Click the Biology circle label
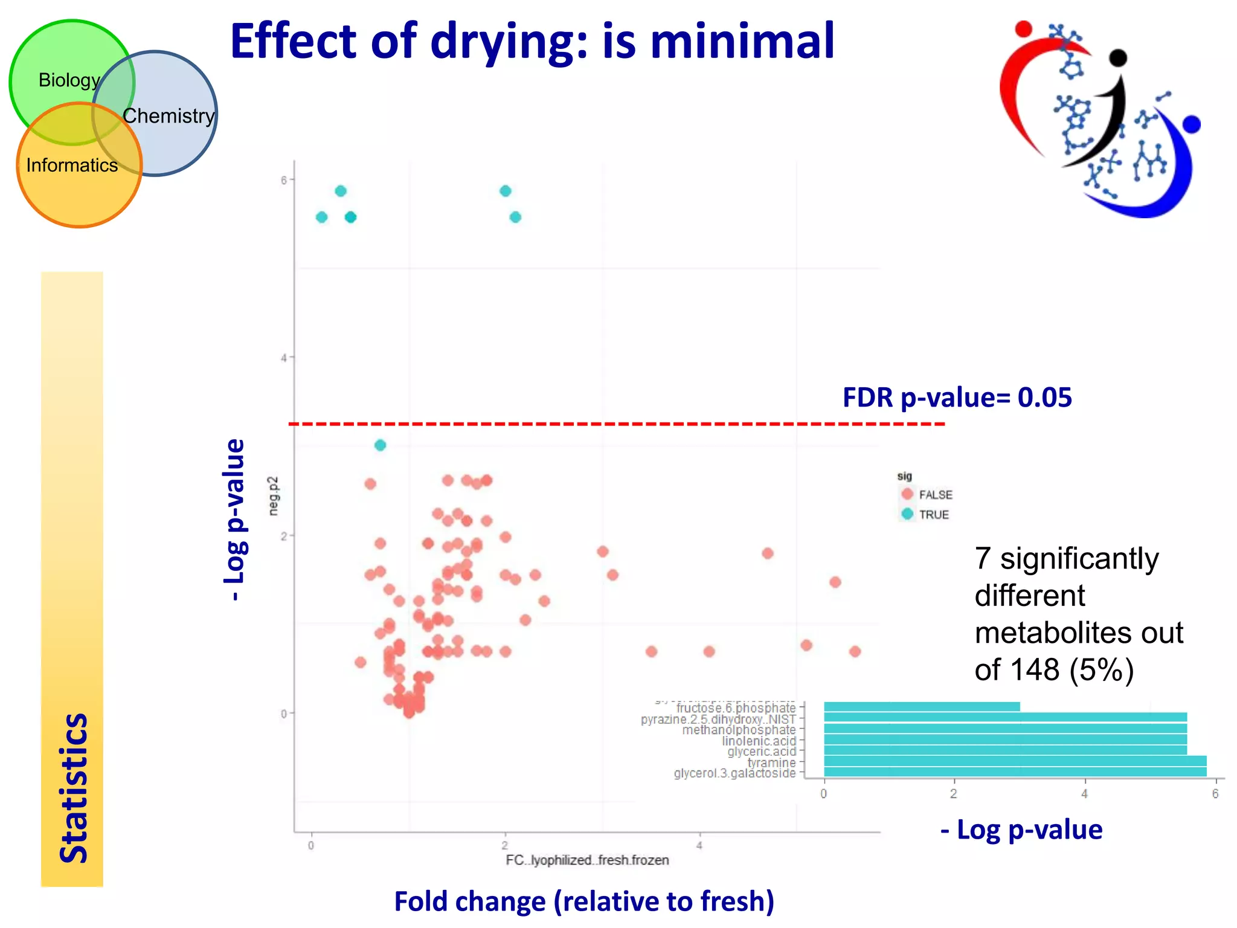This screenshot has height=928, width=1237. point(69,80)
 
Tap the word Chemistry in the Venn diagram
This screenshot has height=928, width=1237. point(169,116)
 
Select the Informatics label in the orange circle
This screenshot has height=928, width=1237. point(72,166)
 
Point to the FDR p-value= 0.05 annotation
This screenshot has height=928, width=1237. point(957,398)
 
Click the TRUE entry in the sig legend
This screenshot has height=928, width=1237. point(933,515)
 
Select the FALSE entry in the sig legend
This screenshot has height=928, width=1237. point(935,495)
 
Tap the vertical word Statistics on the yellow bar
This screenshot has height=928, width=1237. point(74,788)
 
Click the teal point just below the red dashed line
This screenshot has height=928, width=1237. point(380,445)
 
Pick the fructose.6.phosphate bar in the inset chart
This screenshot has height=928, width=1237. point(921,707)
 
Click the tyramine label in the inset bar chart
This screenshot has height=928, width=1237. point(771,763)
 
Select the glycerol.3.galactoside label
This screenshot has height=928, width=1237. point(734,773)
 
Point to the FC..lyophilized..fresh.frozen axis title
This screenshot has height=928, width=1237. point(587,860)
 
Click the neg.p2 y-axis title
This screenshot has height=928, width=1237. point(274,496)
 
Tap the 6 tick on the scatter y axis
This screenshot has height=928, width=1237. point(283,180)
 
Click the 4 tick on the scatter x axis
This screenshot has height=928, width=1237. point(699,846)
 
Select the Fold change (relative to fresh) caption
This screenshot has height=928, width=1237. point(583,901)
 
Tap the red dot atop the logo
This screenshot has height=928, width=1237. point(1023,28)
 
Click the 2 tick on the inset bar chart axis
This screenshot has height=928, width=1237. point(953,794)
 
